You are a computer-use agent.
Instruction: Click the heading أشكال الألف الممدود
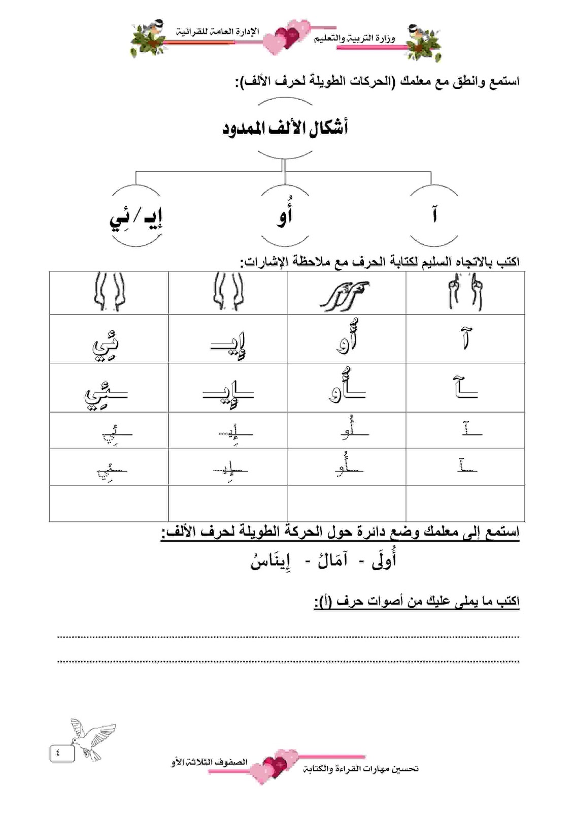click(x=285, y=128)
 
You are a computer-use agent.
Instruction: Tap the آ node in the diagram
click(x=434, y=215)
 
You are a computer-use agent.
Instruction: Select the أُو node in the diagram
click(x=285, y=215)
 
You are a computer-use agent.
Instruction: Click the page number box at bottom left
click(x=62, y=753)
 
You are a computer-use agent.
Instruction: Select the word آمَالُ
click(x=332, y=560)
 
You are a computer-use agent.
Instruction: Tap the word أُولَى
click(x=384, y=560)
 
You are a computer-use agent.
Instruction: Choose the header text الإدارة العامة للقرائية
click(x=218, y=32)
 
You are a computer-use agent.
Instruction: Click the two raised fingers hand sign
click(x=465, y=293)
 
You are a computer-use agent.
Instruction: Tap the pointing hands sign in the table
click(x=346, y=294)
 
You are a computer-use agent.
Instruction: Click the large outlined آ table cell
click(x=465, y=338)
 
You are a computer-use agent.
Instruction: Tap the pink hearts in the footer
click(x=279, y=764)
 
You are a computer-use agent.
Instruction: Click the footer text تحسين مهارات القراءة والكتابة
click(x=361, y=769)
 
